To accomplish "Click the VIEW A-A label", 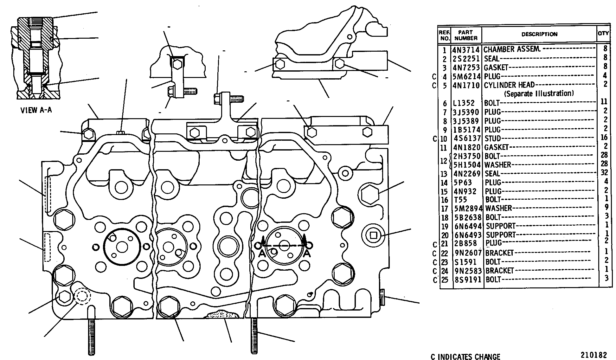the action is (36, 110).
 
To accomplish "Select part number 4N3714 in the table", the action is (466, 50).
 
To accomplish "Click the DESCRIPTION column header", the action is (539, 34).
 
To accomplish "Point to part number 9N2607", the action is (468, 253).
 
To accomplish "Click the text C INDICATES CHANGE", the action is (465, 357).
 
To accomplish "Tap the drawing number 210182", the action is (594, 355).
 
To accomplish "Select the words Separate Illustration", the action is (539, 93).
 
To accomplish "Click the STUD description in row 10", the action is (493, 138).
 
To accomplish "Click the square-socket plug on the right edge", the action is (373, 235).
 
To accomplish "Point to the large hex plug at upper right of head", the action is (370, 193).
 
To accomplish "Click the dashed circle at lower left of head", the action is (82, 296).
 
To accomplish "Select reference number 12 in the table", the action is (443, 161).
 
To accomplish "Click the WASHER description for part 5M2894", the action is (498, 208).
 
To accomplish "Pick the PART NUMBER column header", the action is (466, 35).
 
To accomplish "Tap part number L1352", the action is (464, 103).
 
